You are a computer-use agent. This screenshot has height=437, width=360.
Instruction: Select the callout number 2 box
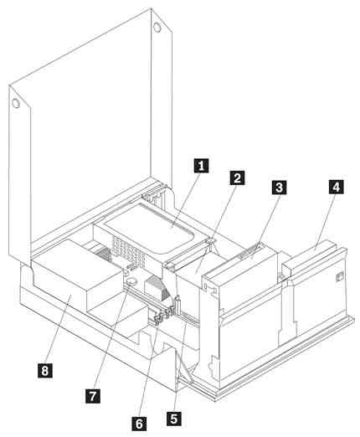[239, 177]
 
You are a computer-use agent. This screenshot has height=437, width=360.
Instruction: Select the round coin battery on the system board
[131, 282]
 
